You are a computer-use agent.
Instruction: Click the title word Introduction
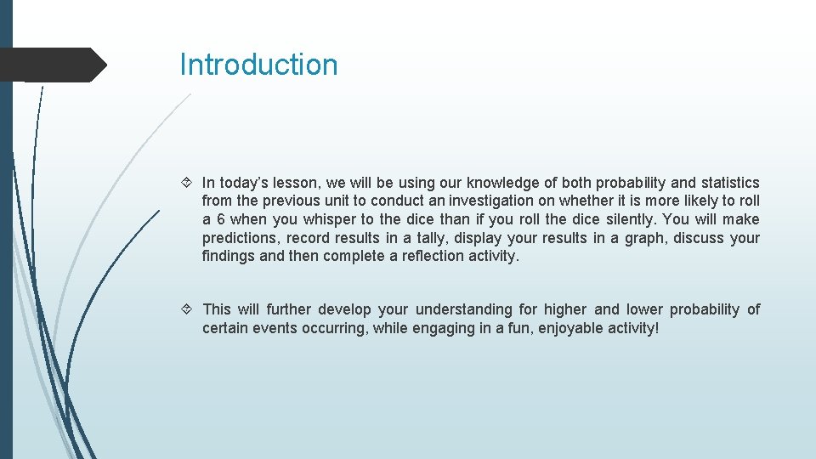click(258, 65)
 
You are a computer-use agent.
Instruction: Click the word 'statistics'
click(730, 183)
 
